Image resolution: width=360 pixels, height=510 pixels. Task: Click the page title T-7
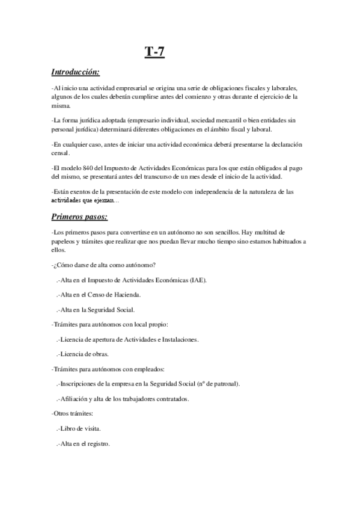[x=154, y=54]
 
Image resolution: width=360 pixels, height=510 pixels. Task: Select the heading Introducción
[x=76, y=72]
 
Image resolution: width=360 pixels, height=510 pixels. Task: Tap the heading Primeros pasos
[x=80, y=216]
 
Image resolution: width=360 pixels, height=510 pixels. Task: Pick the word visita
[x=91, y=429]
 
